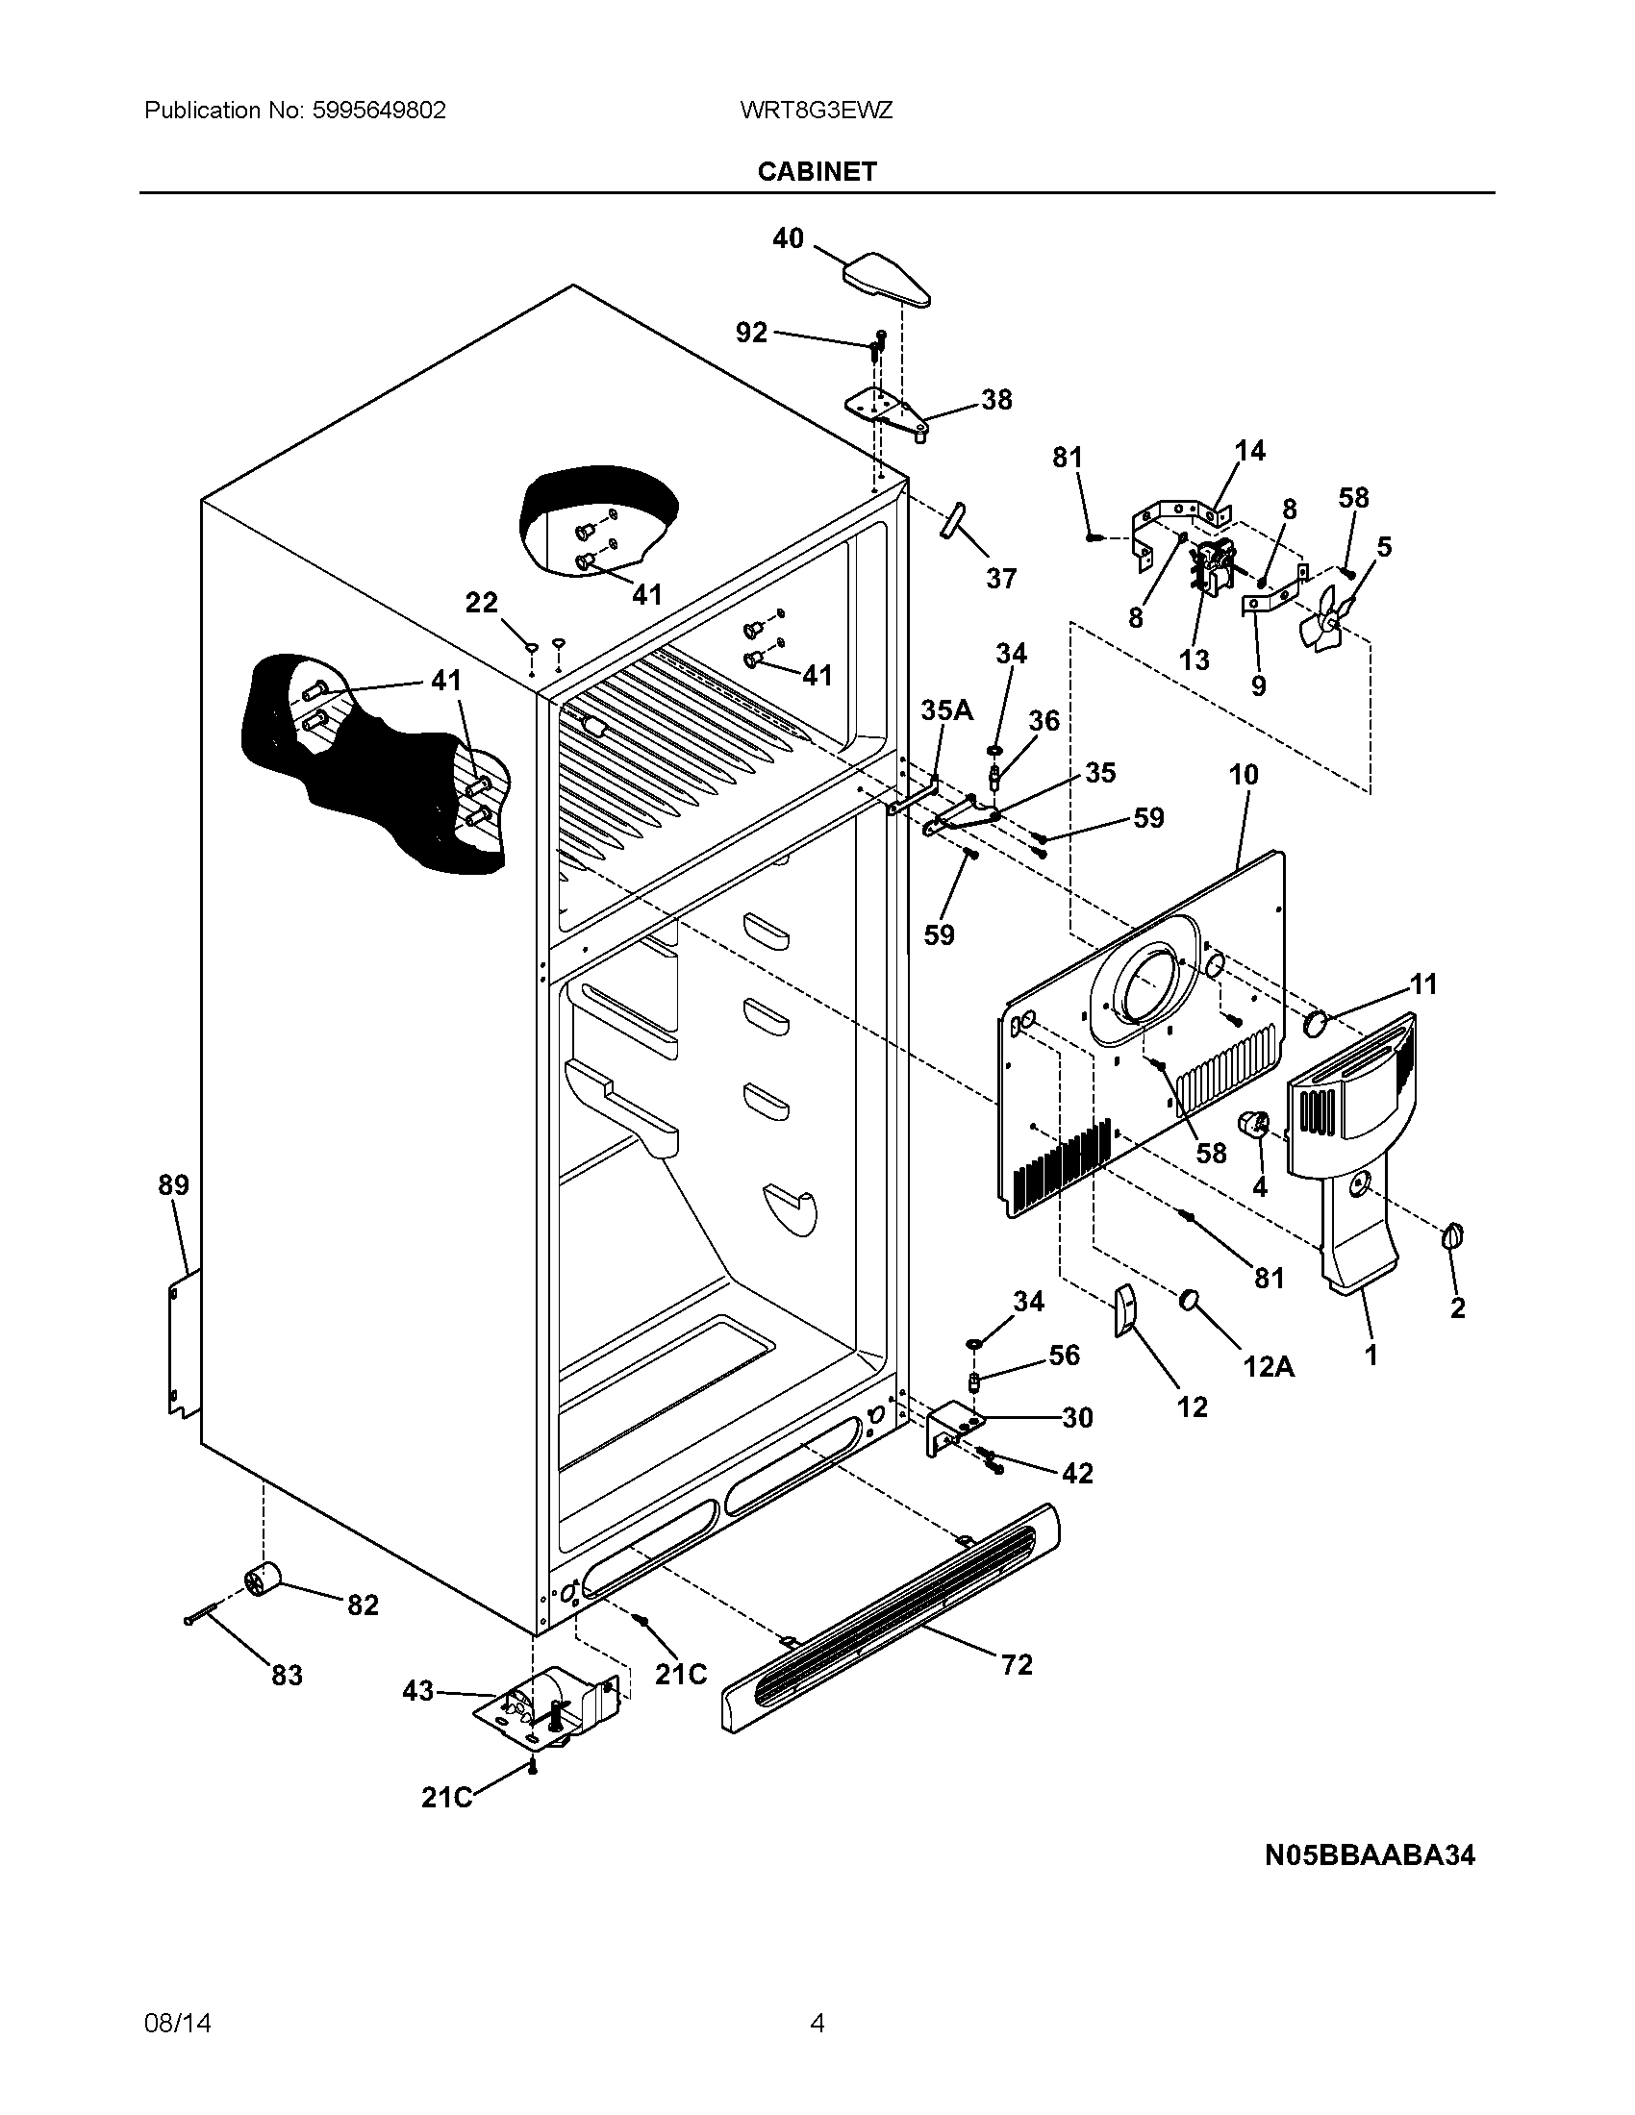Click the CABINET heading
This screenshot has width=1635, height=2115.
[817, 171]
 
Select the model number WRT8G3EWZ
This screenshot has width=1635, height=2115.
[816, 111]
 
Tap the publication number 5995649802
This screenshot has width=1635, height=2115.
[379, 111]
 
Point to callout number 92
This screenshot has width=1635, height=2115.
[752, 333]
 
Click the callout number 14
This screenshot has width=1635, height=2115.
[1249, 450]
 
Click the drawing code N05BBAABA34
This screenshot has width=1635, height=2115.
[1370, 1854]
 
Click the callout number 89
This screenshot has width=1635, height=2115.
[174, 1184]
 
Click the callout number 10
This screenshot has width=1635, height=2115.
[1244, 774]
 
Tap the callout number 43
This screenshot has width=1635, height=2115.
[417, 1691]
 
